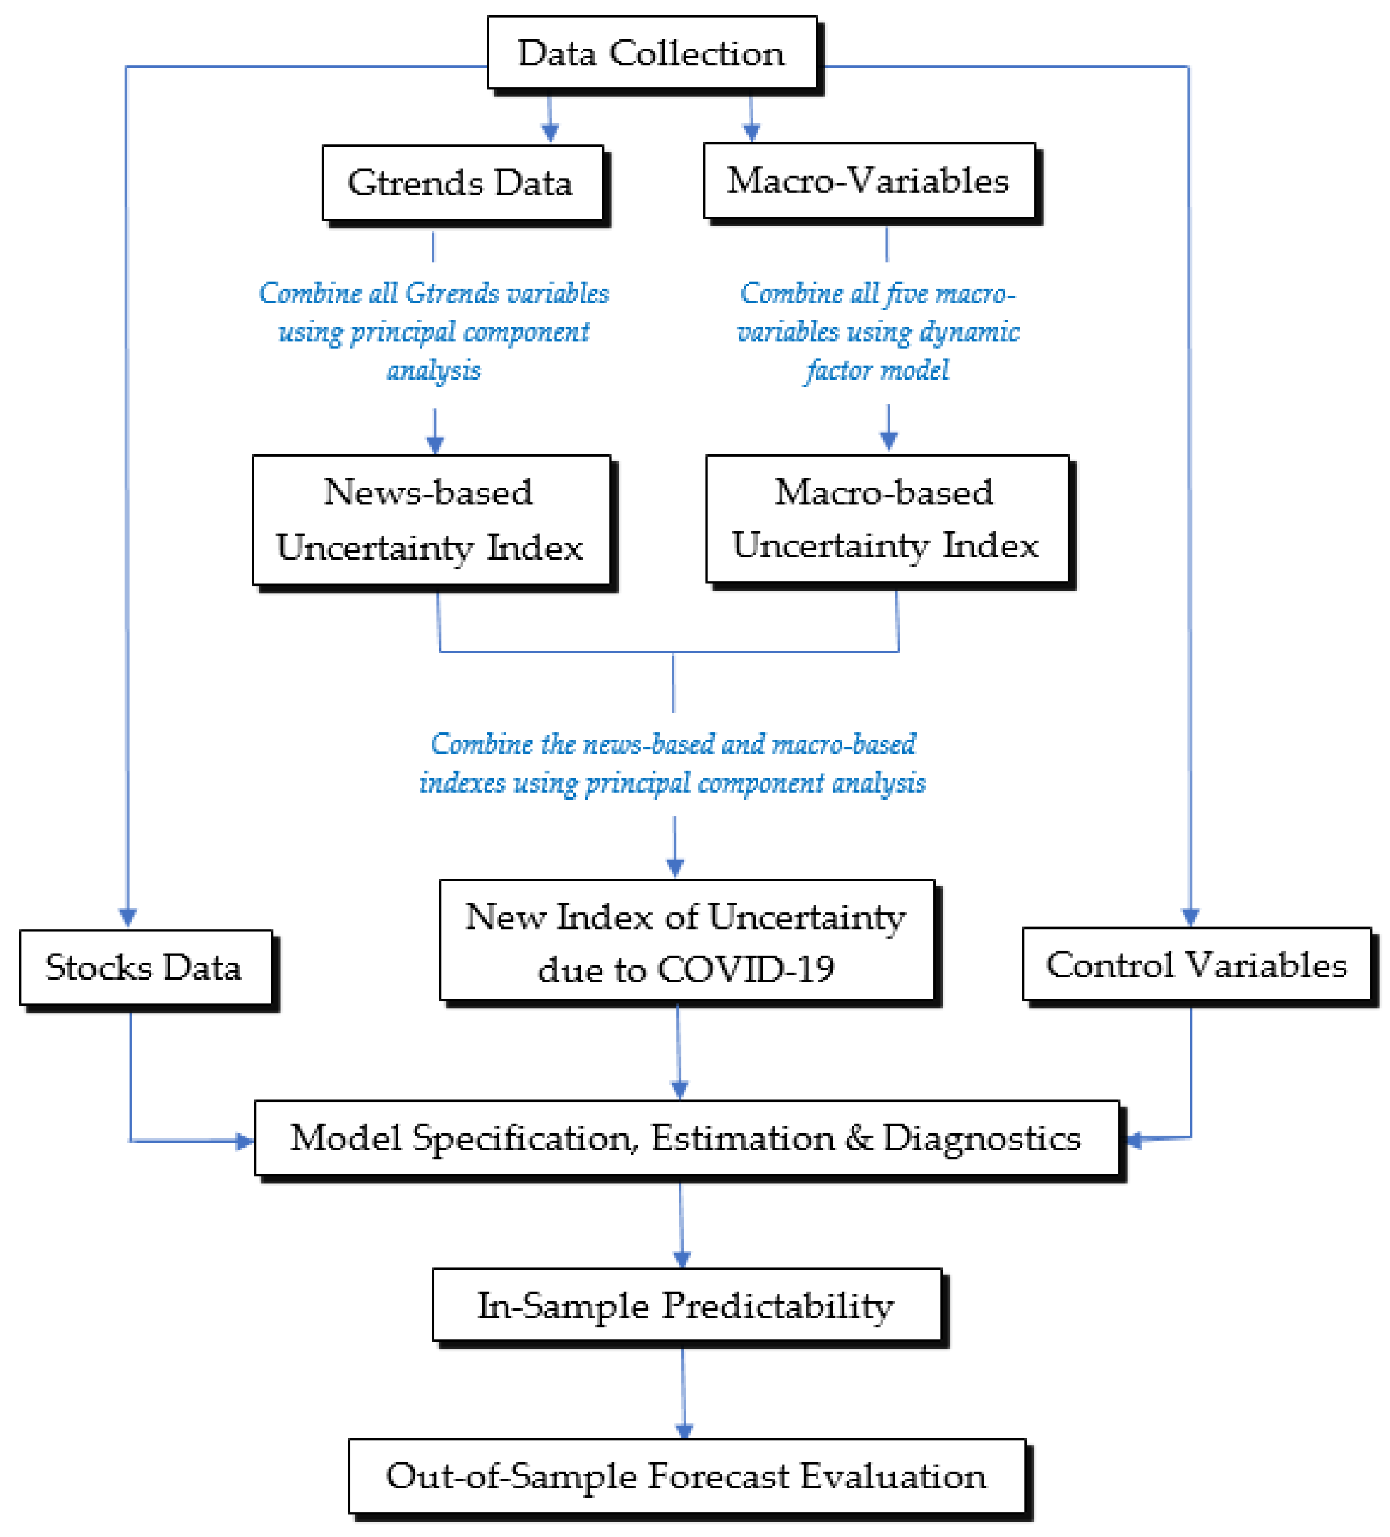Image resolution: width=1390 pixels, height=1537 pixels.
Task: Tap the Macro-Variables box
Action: pos(868,181)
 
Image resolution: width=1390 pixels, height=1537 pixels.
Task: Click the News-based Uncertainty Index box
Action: pos(431,520)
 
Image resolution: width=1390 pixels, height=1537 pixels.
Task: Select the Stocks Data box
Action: pos(145,967)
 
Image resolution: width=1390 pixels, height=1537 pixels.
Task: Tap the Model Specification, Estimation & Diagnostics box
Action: pos(686,1138)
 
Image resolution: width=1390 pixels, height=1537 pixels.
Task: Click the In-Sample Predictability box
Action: pos(686,1305)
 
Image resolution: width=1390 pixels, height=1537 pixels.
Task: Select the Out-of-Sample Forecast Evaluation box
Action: pos(686,1476)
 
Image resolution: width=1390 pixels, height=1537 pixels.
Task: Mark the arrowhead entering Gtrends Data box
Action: pos(550,133)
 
